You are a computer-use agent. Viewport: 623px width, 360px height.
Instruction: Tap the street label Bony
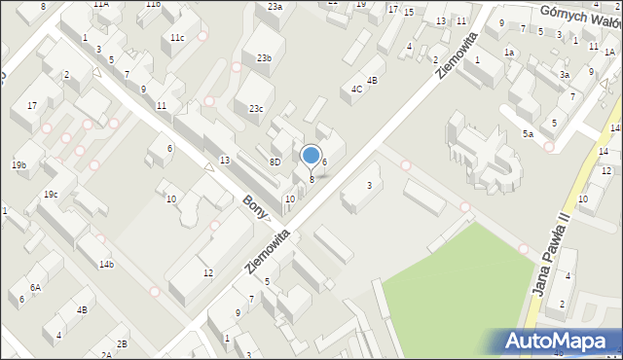(x=255, y=207)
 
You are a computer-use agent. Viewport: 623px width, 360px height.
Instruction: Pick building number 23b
(x=264, y=58)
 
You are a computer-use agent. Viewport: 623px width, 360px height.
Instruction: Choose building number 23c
(x=255, y=109)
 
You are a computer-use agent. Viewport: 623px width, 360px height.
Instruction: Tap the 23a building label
(x=275, y=7)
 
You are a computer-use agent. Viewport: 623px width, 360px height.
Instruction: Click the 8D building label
(x=275, y=162)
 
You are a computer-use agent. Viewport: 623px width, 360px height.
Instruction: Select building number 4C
(x=357, y=90)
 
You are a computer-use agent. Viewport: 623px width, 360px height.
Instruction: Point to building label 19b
(x=19, y=165)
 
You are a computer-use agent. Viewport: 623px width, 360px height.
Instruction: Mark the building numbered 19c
(x=50, y=195)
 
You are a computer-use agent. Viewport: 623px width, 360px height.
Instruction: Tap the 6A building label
(x=35, y=287)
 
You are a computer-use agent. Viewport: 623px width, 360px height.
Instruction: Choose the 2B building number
(x=122, y=343)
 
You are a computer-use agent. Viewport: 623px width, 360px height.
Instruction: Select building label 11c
(x=177, y=38)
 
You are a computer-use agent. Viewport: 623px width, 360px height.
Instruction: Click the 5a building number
(x=527, y=133)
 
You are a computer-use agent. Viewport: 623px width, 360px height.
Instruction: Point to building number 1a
(x=508, y=52)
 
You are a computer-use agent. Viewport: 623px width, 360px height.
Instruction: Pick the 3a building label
(x=564, y=74)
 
